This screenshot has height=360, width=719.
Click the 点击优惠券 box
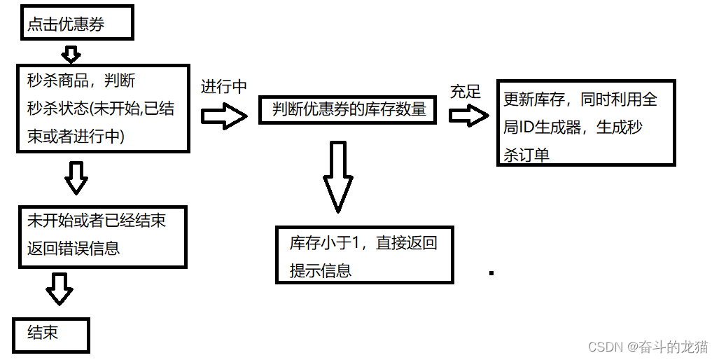76,24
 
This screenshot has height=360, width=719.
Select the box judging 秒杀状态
103,108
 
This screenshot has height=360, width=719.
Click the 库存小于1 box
365,256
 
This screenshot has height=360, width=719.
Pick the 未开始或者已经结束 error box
103,236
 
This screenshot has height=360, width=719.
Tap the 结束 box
51,335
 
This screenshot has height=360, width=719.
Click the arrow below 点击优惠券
71,53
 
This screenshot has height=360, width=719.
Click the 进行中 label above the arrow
223,88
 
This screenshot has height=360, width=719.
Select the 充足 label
466,91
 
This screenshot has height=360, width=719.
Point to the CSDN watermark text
648,347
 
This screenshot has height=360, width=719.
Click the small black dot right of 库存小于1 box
491,272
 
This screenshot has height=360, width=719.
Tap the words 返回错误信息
73,247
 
